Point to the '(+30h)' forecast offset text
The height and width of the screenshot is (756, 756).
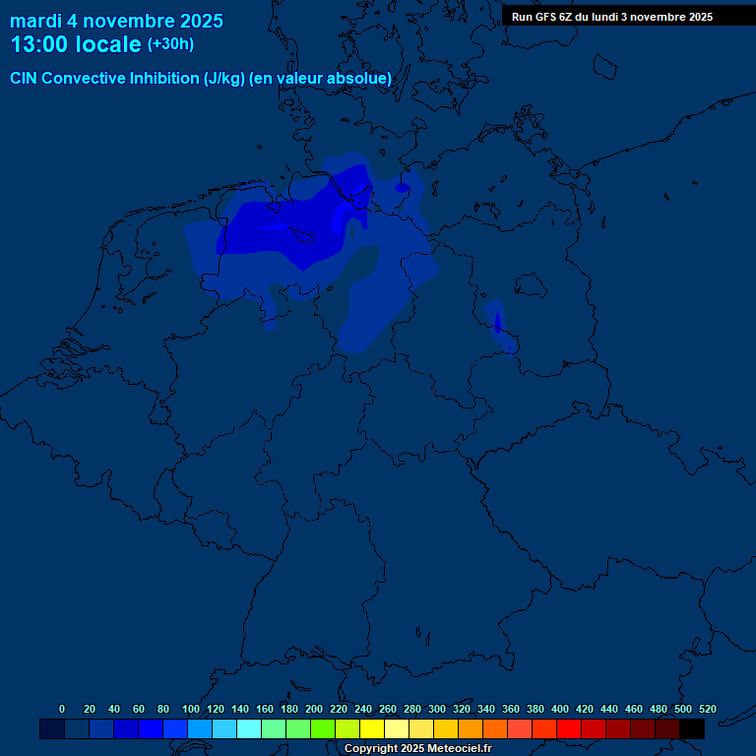[x=170, y=44]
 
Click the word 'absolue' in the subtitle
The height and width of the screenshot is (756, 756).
[x=360, y=78]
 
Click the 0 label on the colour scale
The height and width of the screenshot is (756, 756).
[x=62, y=709]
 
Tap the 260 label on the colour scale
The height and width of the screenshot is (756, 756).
[x=388, y=709]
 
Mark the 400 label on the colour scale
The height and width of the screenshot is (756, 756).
[x=560, y=709]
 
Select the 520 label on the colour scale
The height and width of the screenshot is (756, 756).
[x=708, y=709]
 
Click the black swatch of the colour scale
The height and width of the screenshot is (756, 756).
[x=692, y=728]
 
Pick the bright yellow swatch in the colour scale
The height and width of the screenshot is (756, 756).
[x=372, y=728]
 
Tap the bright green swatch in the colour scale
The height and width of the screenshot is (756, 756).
[x=323, y=728]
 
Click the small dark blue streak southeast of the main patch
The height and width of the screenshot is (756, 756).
[x=497, y=321]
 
